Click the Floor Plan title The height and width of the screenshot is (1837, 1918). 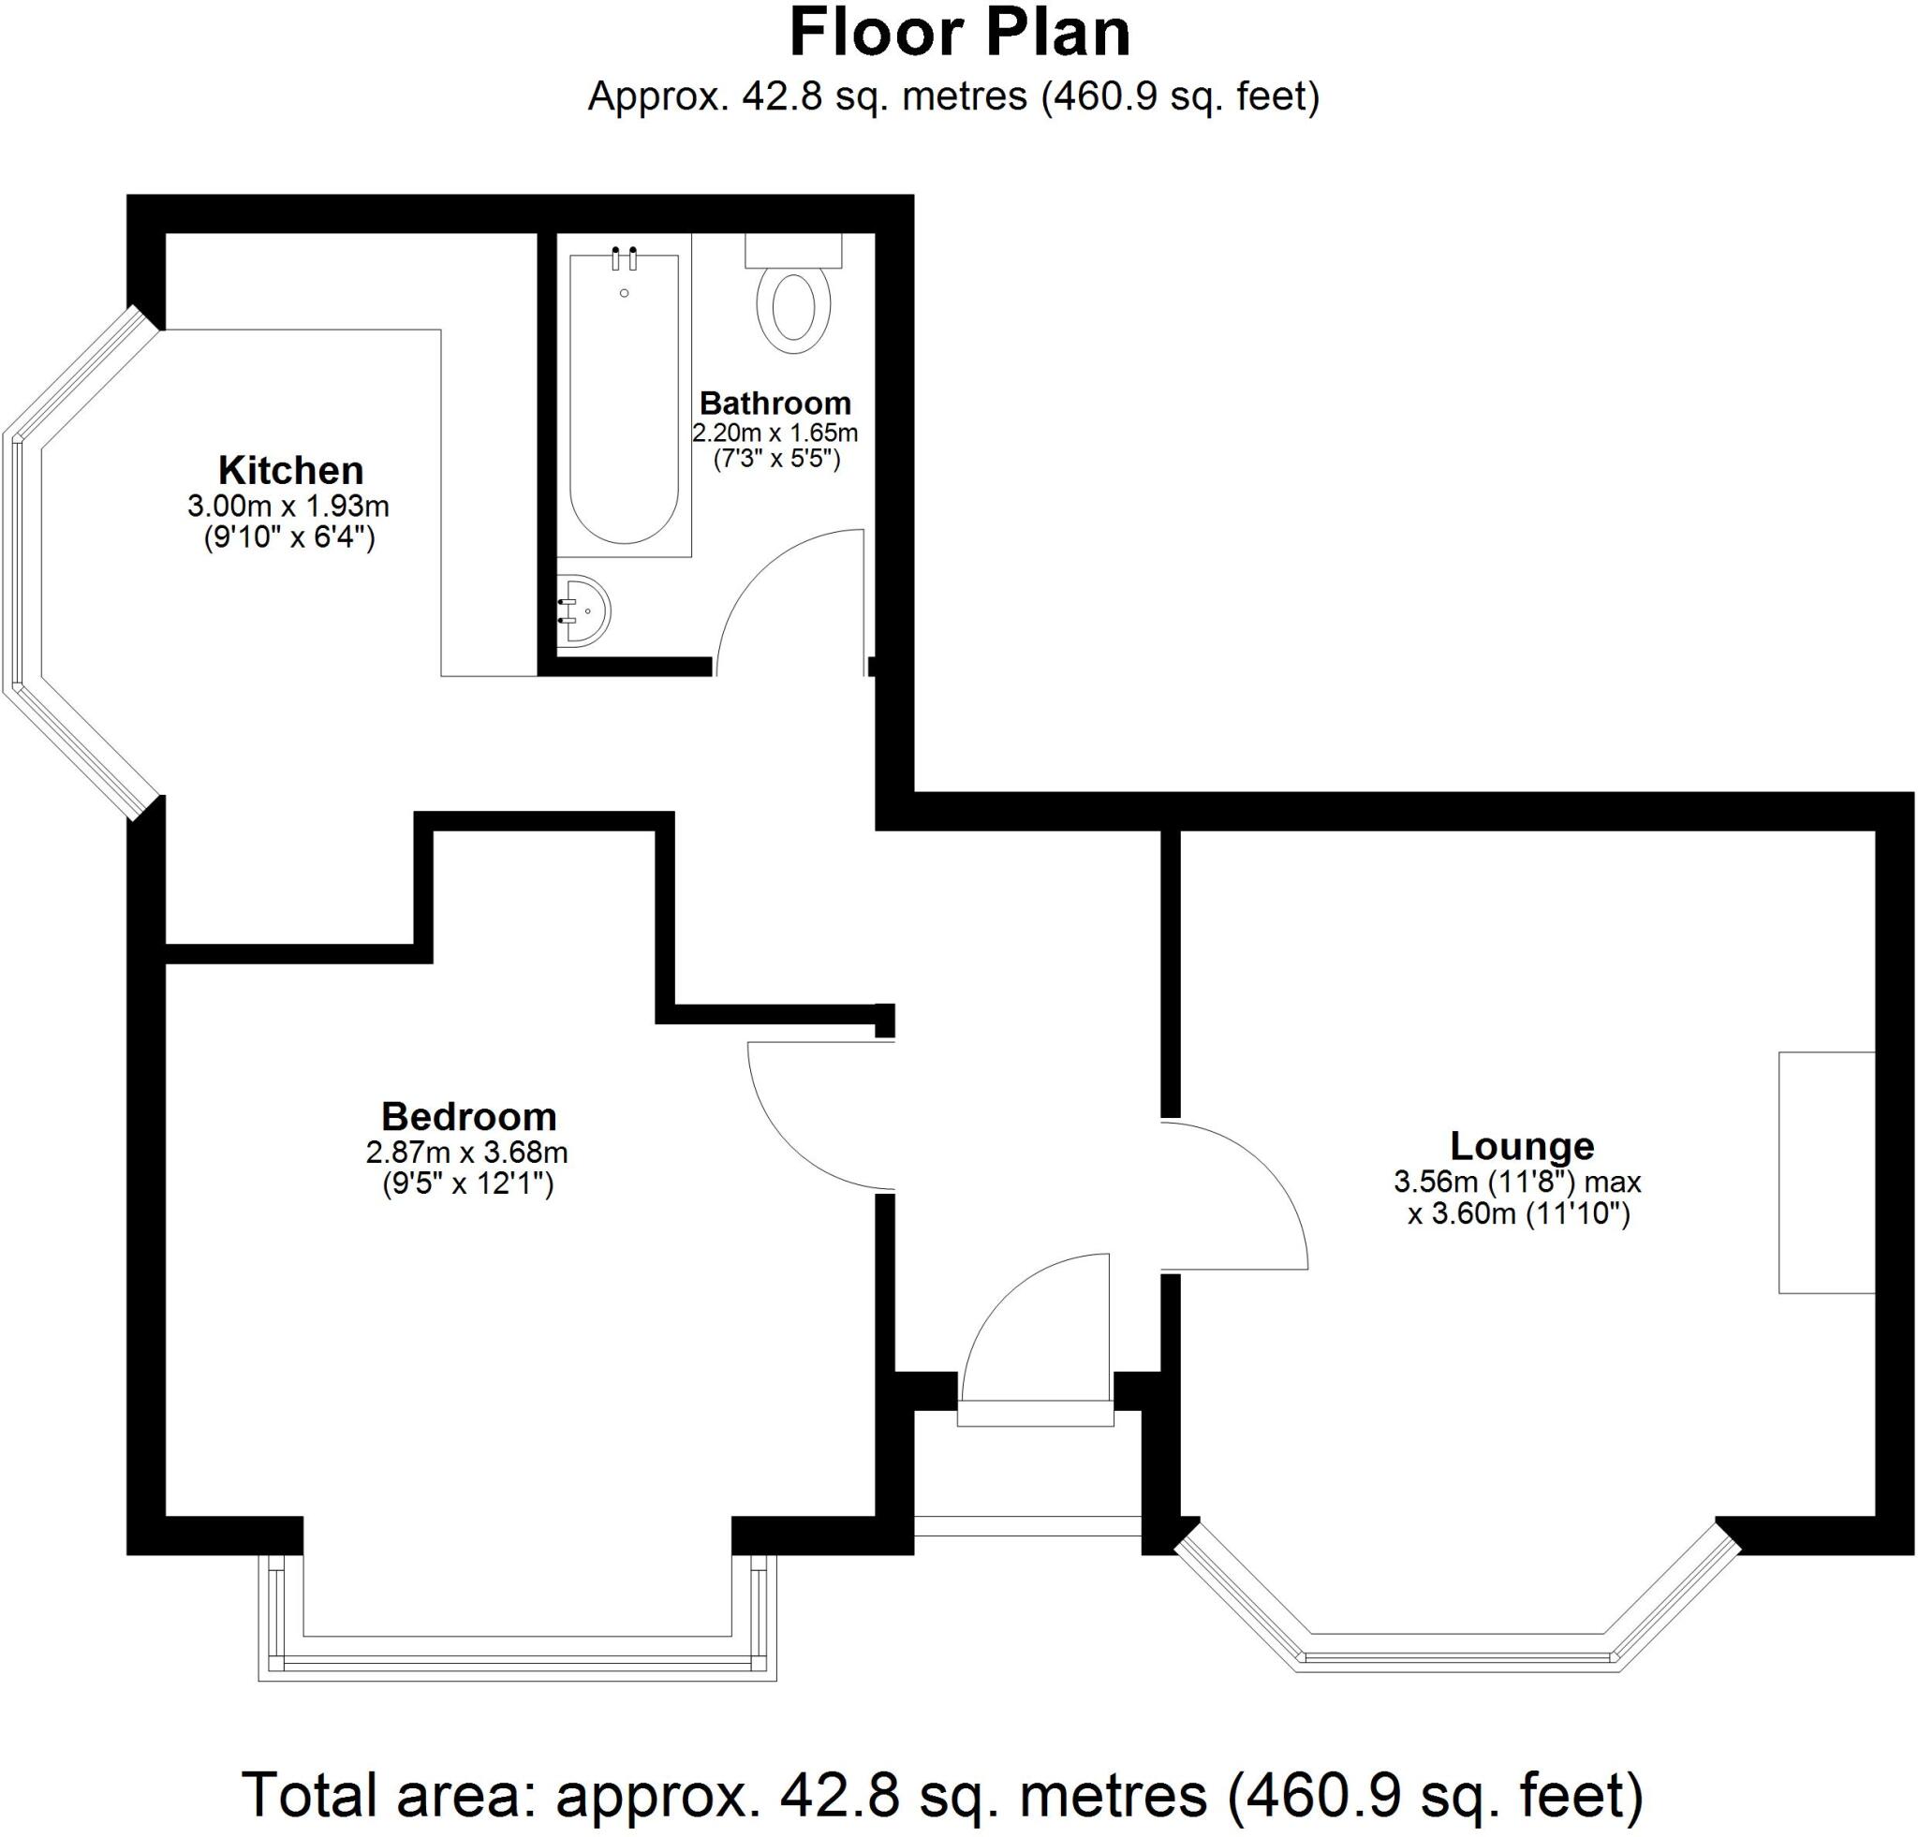[959, 34]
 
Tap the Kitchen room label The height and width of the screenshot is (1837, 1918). [290, 471]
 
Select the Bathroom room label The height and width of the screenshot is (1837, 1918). [775, 403]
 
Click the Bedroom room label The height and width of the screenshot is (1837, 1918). [469, 1116]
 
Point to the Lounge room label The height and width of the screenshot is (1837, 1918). [1522, 1145]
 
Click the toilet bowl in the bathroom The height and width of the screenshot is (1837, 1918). [793, 308]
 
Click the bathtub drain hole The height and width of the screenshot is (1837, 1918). [625, 293]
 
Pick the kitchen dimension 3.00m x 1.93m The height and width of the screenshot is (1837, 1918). [288, 507]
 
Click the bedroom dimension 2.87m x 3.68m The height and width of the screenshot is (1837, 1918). [466, 1153]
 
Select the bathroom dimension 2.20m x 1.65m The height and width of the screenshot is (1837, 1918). [775, 433]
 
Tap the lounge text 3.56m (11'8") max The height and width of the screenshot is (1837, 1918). [1517, 1182]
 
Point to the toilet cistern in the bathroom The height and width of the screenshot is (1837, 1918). [793, 250]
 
